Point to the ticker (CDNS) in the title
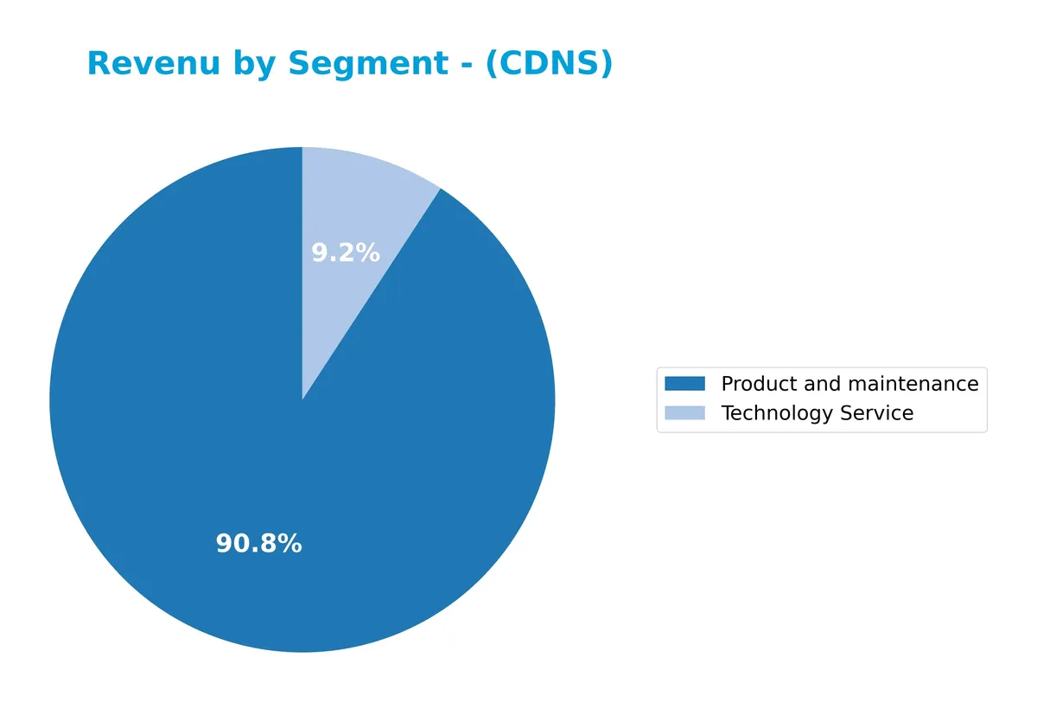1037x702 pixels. [549, 64]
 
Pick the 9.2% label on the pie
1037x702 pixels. [345, 253]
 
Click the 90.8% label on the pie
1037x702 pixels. [258, 544]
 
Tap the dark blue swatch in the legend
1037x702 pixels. [684, 384]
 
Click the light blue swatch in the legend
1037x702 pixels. [684, 413]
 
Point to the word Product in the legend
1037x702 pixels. [755, 384]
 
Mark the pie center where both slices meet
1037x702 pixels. [302, 400]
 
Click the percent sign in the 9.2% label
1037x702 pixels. [369, 253]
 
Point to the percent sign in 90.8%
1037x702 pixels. [291, 544]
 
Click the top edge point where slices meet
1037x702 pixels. [302, 148]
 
